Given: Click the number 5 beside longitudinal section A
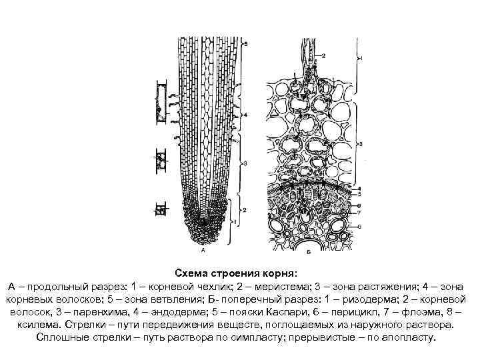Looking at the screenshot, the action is pos(246,43).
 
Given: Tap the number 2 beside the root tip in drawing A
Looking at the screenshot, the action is pos(245,209).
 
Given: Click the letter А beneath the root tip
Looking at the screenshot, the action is pos(203,252).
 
